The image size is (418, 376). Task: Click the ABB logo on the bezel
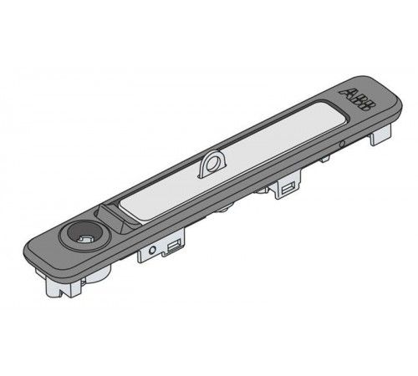point(358,99)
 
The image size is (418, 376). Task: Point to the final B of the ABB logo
point(368,106)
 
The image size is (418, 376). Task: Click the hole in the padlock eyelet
point(212,164)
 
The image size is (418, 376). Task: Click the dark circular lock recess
point(84,235)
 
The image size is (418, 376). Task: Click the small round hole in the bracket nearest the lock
point(152,250)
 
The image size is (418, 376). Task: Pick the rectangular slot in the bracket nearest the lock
point(173,246)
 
